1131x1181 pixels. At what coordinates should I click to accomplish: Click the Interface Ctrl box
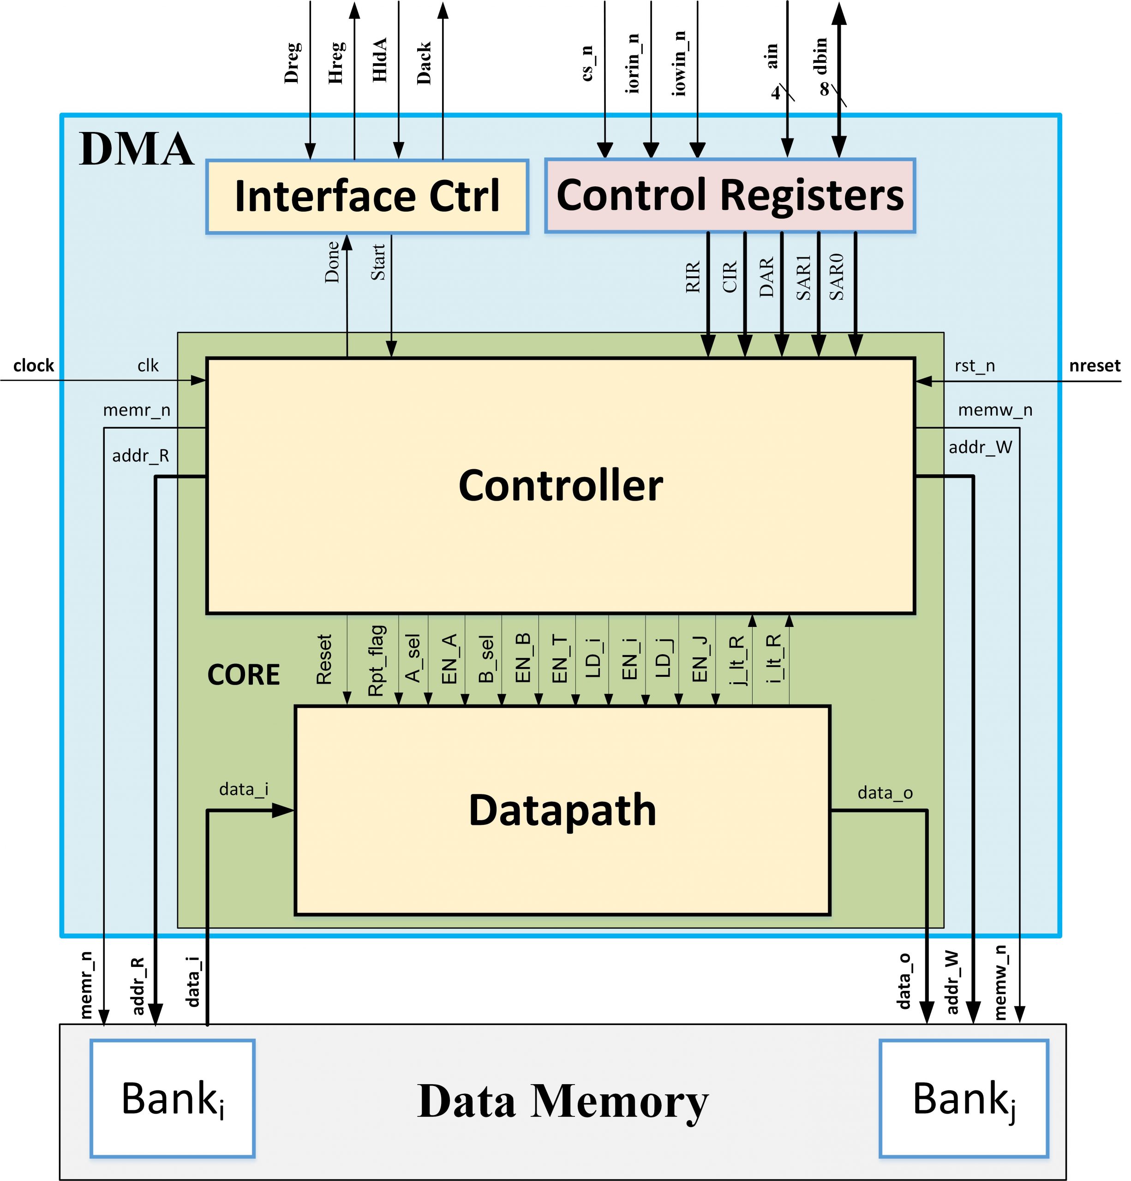[367, 197]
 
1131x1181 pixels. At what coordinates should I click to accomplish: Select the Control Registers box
[730, 196]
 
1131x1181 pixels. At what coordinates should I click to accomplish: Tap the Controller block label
[560, 486]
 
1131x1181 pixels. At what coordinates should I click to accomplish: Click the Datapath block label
[562, 811]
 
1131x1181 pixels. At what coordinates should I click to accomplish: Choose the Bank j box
[963, 1098]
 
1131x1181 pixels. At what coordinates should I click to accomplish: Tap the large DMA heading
[136, 149]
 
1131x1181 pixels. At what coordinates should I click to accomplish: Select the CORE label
[244, 675]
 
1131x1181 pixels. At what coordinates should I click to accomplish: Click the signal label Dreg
[292, 63]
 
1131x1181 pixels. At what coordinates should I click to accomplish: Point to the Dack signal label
[424, 63]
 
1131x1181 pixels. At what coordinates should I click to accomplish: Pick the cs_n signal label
[587, 63]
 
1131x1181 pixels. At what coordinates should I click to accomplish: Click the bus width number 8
[824, 89]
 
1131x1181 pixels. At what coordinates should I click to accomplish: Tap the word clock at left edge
[34, 366]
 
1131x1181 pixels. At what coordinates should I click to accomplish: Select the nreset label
[1094, 366]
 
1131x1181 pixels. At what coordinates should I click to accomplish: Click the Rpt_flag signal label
[376, 661]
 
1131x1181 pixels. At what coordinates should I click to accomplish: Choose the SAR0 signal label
[836, 277]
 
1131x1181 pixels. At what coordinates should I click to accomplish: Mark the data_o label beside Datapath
[885, 793]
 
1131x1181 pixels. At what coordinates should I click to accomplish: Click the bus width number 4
[776, 93]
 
